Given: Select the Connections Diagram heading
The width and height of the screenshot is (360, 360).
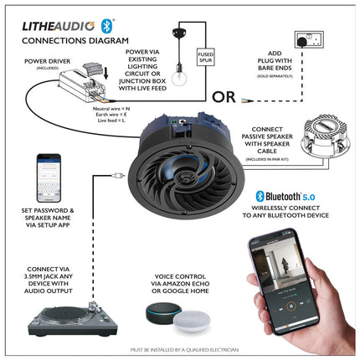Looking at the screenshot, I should tap(75, 39).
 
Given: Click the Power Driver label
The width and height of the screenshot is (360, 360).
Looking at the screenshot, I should tap(47, 60).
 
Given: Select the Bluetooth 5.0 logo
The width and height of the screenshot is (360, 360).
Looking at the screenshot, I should tap(288, 197).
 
